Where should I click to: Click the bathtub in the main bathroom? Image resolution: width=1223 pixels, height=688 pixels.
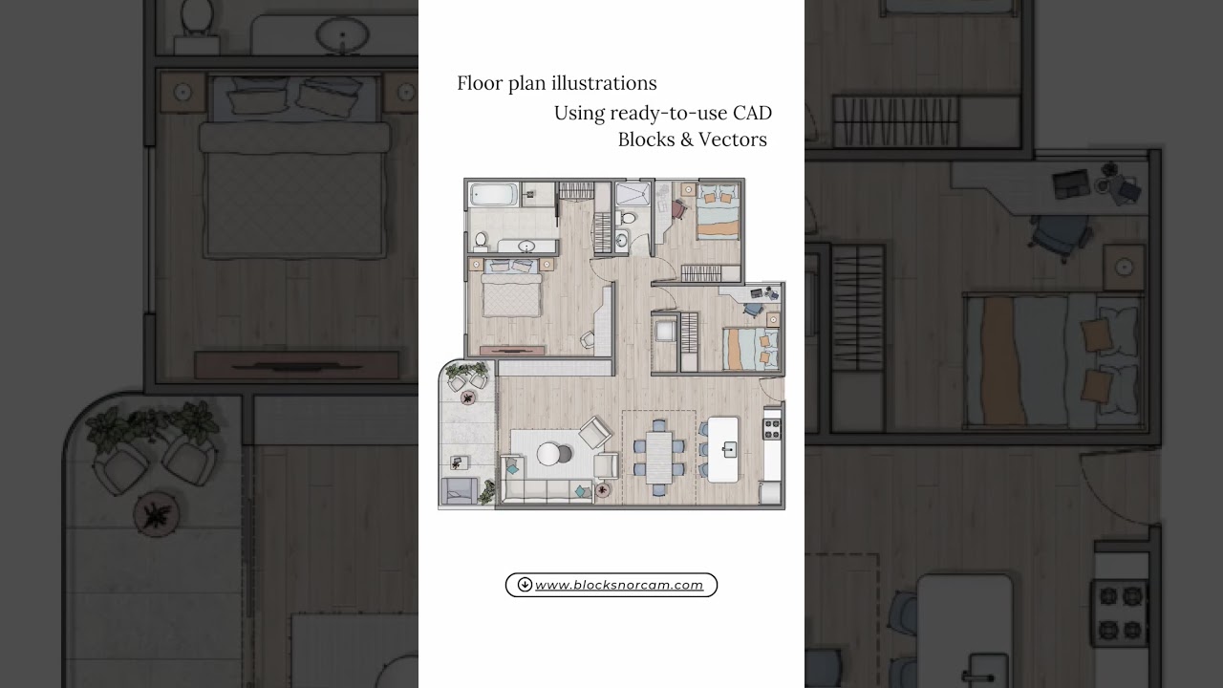(x=493, y=195)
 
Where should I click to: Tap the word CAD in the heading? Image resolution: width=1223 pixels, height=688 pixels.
(x=752, y=113)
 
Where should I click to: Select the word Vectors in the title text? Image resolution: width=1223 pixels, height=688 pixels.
(x=732, y=140)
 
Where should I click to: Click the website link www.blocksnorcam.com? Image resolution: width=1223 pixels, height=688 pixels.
(x=619, y=585)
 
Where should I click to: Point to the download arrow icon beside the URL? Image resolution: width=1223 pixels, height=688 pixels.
(x=525, y=585)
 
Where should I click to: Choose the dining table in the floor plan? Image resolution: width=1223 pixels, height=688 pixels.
(x=658, y=456)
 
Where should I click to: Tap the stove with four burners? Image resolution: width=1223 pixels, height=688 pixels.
(x=772, y=428)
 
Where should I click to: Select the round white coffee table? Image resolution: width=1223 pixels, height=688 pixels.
(x=550, y=455)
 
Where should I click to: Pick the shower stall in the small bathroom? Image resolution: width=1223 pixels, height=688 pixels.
(x=632, y=195)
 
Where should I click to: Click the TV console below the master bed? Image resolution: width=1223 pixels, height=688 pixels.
(x=512, y=351)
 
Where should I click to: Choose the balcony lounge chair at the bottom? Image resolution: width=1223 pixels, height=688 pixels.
(x=460, y=491)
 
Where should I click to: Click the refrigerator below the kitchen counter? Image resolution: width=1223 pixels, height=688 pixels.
(x=770, y=493)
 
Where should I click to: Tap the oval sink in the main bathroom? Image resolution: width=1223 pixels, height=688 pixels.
(x=526, y=247)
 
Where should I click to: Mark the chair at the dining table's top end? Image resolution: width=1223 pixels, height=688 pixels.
(x=658, y=425)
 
